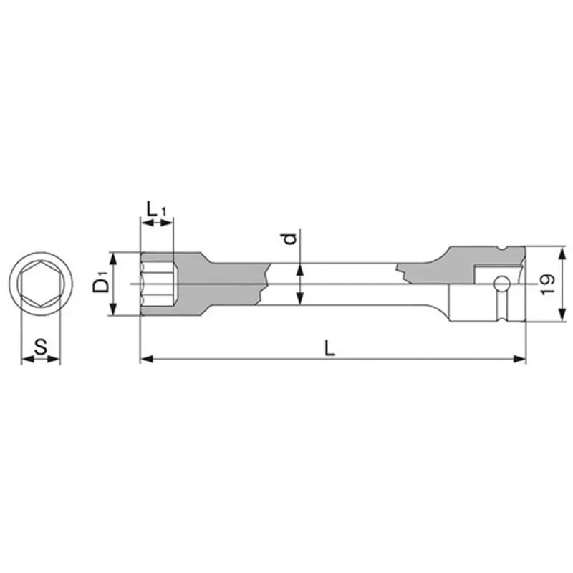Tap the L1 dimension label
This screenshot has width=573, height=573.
click(x=156, y=210)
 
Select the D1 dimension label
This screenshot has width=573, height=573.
click(x=102, y=283)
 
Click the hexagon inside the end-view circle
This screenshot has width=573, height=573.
click(x=41, y=284)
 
